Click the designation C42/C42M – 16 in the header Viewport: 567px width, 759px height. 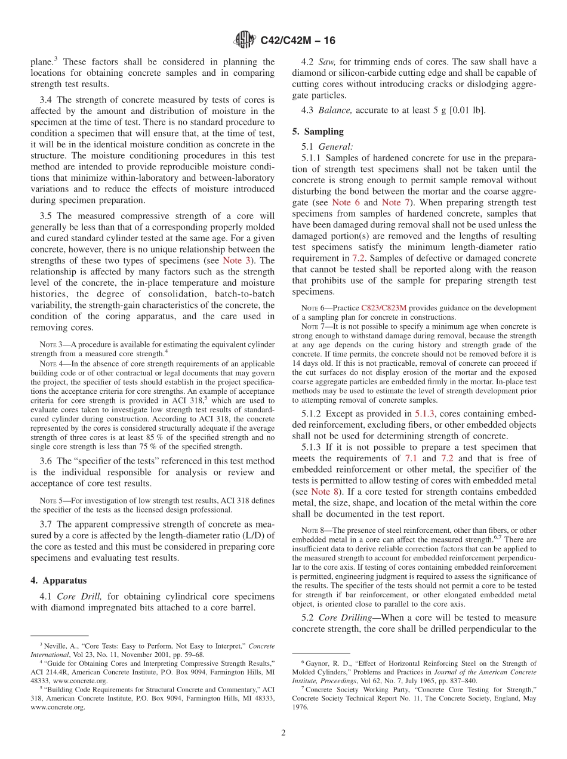(298, 41)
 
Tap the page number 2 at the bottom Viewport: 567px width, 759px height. (283, 733)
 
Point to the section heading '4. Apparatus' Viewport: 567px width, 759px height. (58, 580)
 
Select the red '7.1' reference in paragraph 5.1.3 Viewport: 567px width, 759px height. (410, 458)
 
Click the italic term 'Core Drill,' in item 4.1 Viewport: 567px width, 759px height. (81, 596)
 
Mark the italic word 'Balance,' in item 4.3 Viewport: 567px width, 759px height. (334, 110)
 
